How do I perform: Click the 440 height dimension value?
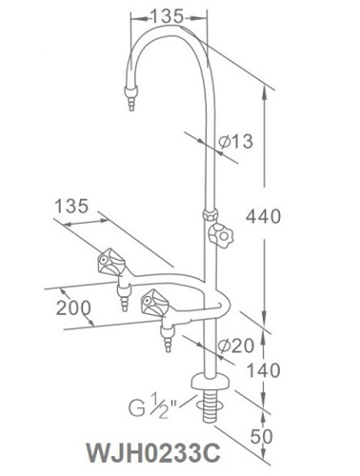[262, 217]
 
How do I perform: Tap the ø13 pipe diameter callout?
[234, 141]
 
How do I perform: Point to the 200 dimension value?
[73, 308]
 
